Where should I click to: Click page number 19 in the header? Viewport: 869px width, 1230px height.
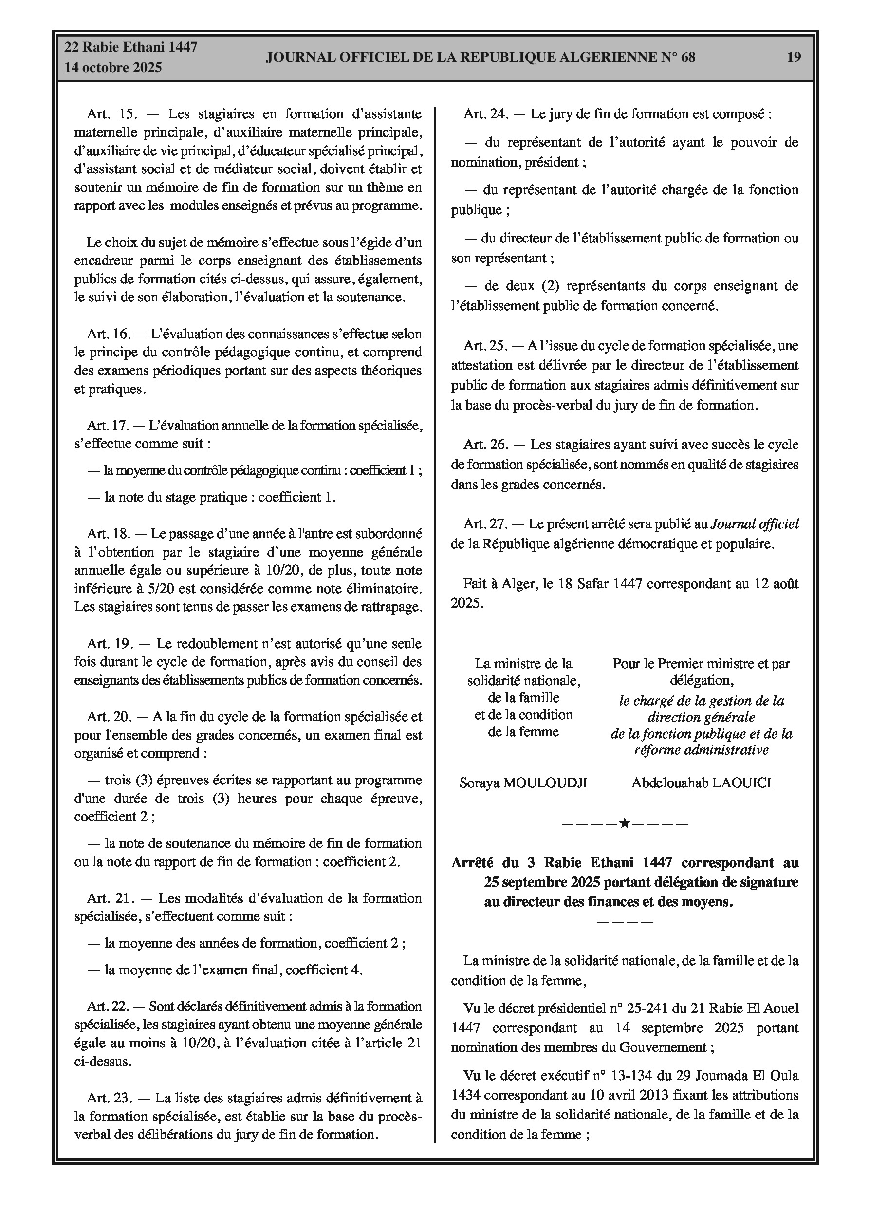(794, 57)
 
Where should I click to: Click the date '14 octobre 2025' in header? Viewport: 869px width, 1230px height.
(113, 68)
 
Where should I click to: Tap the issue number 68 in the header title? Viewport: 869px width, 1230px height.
(688, 57)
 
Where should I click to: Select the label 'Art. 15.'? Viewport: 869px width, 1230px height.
(112, 114)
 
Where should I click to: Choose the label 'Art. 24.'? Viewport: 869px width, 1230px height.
(485, 114)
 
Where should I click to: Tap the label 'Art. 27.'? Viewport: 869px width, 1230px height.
(485, 524)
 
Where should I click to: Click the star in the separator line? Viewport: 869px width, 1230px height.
(624, 823)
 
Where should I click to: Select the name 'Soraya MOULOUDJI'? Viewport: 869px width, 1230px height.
(523, 783)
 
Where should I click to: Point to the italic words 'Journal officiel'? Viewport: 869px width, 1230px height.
(755, 524)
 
